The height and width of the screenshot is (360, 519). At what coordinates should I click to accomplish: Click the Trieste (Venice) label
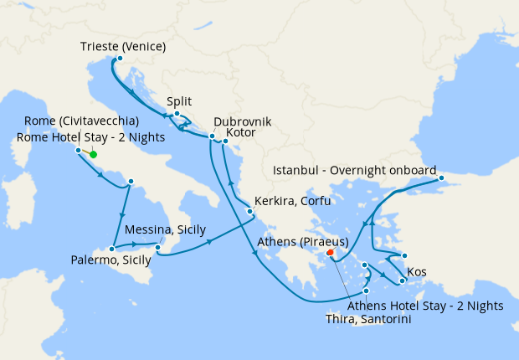(124, 45)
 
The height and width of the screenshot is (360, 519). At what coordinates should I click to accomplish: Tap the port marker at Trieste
(120, 59)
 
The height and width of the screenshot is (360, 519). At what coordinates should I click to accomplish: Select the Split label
(180, 100)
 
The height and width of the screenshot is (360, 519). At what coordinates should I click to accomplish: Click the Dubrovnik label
(243, 121)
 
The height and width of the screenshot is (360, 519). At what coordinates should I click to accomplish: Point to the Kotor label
(241, 132)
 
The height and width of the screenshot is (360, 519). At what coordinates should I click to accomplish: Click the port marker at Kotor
(225, 141)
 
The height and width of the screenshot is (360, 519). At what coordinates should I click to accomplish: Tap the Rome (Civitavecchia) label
(81, 121)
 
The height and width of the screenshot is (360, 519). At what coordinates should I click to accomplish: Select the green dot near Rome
(93, 154)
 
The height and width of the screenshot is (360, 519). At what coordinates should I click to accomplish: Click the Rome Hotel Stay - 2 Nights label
(90, 137)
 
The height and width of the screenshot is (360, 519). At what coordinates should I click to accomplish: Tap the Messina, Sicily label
(165, 229)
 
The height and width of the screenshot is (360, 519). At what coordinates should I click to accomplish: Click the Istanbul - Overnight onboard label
(355, 170)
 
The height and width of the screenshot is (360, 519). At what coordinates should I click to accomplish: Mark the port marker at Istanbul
(442, 177)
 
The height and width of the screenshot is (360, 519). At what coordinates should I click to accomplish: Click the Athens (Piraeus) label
(309, 243)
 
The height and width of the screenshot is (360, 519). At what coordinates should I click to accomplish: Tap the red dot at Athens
(330, 251)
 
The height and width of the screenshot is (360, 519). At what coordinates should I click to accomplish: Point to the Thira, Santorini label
(367, 319)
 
